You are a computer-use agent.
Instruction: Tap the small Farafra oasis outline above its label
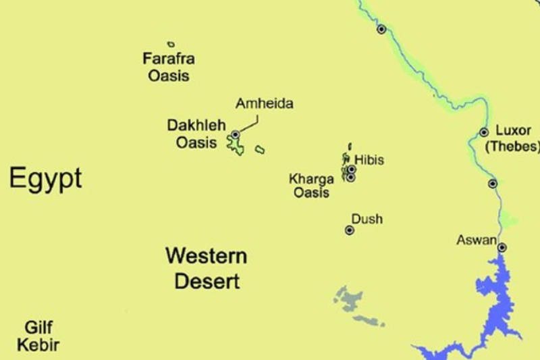click(171, 45)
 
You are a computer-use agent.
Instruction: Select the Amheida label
click(264, 104)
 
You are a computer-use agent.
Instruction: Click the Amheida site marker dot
click(235, 135)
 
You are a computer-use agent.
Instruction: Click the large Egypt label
click(45, 179)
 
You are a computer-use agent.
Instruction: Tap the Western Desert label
click(207, 268)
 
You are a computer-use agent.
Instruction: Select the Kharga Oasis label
click(310, 186)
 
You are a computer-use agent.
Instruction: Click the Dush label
click(367, 219)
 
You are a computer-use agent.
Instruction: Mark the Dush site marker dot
click(350, 230)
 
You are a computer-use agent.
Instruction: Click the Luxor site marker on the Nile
click(484, 132)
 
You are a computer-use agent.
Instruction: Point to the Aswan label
click(477, 240)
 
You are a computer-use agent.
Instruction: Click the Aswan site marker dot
click(502, 247)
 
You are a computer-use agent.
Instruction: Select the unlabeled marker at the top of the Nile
click(381, 29)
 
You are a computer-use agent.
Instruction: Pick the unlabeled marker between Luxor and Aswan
click(493, 183)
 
